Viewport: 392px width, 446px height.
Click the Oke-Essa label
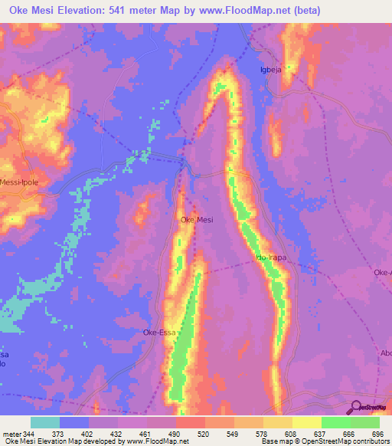[x=160, y=333]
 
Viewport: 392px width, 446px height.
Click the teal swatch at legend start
[x=45, y=422]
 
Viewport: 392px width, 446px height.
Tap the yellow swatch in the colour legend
[x=307, y=422]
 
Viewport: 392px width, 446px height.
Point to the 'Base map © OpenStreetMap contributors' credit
[x=325, y=442]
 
